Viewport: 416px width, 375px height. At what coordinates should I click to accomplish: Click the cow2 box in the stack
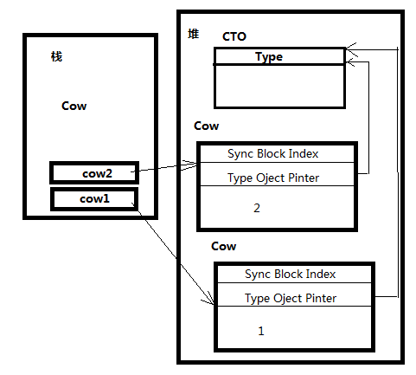click(94, 173)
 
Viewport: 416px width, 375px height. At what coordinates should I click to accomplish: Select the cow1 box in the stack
click(94, 199)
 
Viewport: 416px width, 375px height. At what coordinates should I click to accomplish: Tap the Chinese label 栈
click(56, 56)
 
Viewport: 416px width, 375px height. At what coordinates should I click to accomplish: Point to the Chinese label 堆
click(193, 34)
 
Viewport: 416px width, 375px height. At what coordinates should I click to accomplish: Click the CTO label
click(234, 36)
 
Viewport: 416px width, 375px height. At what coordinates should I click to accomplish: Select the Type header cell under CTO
click(279, 56)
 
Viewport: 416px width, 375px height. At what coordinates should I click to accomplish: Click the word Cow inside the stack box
click(74, 106)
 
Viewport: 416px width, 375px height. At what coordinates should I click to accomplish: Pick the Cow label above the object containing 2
click(206, 126)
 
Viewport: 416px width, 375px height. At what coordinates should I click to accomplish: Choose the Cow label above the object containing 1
click(223, 246)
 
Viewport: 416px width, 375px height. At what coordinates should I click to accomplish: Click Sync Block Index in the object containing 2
click(272, 153)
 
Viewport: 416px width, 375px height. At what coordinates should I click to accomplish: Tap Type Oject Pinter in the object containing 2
click(273, 178)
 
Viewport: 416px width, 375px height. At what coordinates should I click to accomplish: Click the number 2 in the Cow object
click(257, 208)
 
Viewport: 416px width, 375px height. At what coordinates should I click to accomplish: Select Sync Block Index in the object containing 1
click(290, 274)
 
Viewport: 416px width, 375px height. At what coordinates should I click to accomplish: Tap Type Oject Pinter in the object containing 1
click(291, 298)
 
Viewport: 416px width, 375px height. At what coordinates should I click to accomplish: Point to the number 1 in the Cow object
click(261, 331)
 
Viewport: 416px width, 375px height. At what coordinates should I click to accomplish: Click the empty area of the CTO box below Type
click(279, 86)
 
